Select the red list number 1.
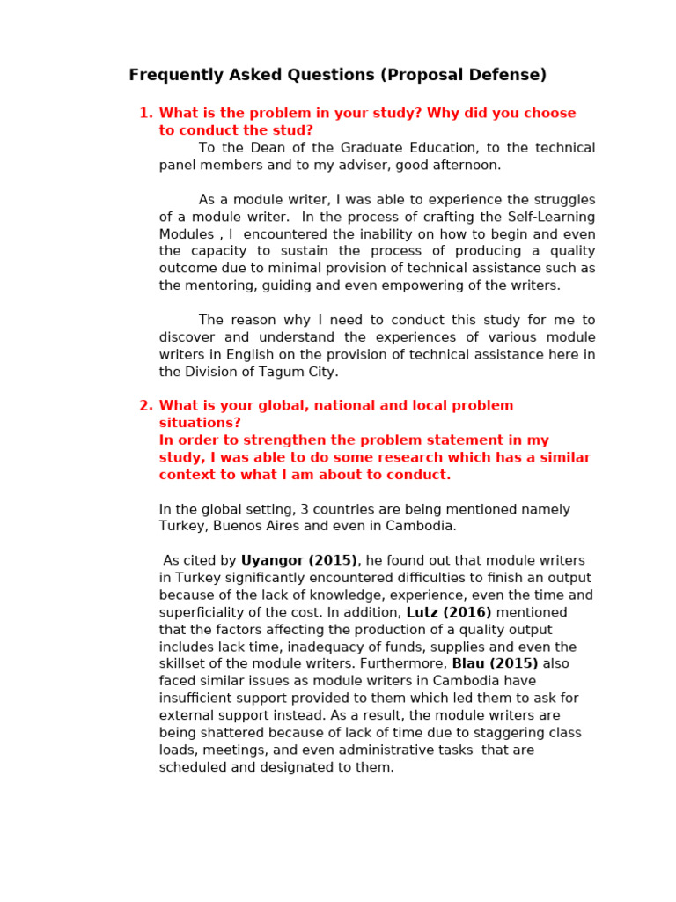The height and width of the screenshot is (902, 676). (146, 113)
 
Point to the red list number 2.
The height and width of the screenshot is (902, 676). (146, 405)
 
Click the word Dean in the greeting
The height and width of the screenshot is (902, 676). (271, 147)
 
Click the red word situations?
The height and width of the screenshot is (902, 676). (200, 423)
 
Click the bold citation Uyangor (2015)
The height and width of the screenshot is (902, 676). (299, 560)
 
